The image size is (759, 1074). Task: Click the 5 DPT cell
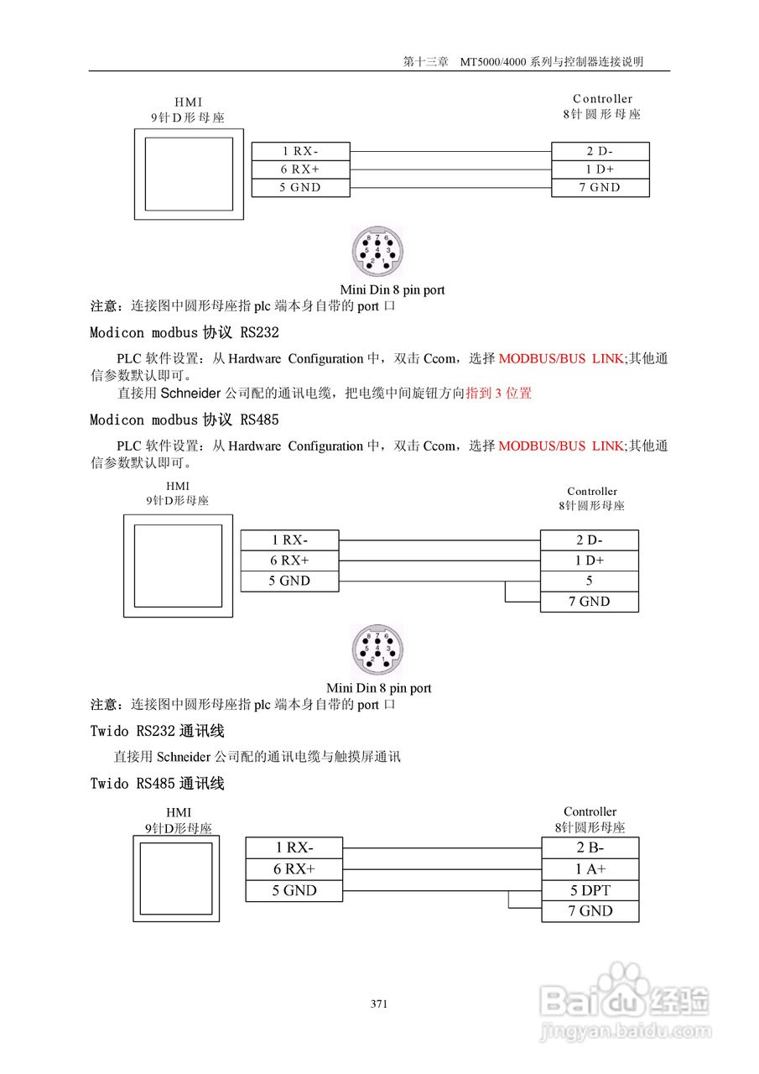click(x=590, y=890)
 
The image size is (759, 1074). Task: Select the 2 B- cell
click(x=590, y=847)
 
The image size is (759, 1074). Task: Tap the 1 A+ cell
click(x=590, y=869)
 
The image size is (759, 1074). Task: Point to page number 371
click(x=379, y=1004)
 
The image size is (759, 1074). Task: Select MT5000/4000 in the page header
click(x=489, y=61)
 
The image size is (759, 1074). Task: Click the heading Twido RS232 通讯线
click(x=157, y=731)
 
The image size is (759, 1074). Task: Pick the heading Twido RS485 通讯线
click(x=157, y=784)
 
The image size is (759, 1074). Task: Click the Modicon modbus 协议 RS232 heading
click(x=184, y=332)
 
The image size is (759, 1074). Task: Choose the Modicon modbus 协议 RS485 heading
click(x=184, y=420)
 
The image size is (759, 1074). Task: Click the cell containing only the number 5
click(x=589, y=581)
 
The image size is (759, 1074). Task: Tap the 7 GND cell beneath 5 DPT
click(x=590, y=911)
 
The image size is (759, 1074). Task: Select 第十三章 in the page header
click(x=425, y=61)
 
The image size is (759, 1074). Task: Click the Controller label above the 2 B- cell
click(x=590, y=811)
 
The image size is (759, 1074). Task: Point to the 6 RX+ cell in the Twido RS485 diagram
click(x=294, y=869)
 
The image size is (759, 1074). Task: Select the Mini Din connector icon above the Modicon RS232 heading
click(x=377, y=251)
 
